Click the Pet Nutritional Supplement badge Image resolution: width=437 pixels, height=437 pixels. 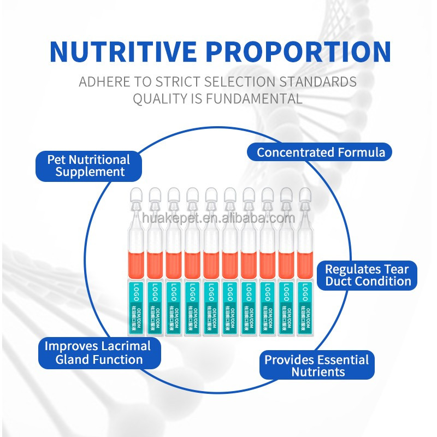tap(88, 166)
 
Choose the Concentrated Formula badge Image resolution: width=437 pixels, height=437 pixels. tap(321, 152)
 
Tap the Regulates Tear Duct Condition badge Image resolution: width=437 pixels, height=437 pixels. tap(368, 275)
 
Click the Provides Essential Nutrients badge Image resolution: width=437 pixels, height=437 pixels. tap(317, 365)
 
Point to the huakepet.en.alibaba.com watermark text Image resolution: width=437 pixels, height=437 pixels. tap(218, 218)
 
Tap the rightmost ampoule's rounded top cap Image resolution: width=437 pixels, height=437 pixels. tap(304, 196)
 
